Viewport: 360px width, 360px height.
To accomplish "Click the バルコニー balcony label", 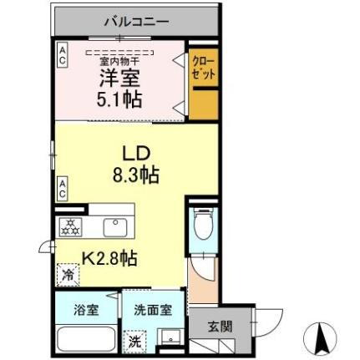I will [136, 21].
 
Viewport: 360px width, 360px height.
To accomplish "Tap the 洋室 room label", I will [122, 77].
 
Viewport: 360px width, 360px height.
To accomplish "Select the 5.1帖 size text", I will [121, 99].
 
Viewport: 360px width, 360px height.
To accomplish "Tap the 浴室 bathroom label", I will [87, 309].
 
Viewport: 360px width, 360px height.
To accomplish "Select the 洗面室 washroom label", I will [153, 309].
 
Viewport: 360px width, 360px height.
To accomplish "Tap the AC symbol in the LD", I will [63, 188].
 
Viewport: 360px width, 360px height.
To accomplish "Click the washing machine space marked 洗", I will [134, 341].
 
